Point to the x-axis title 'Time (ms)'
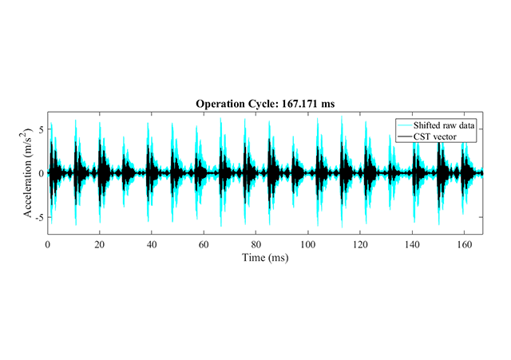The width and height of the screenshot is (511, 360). pos(265,258)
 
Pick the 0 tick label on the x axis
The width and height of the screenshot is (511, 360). pos(48,244)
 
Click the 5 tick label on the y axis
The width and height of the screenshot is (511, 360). pos(41,129)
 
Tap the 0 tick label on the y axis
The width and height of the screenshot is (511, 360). pos(41,172)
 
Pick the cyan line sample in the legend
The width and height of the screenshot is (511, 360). pos(405,126)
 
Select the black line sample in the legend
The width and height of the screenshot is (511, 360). pos(405,137)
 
